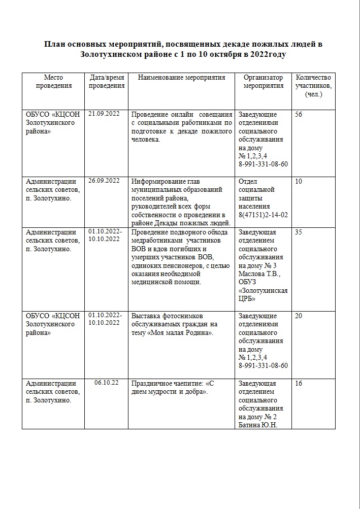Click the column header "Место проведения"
tap(53, 82)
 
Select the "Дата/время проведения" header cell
tap(107, 82)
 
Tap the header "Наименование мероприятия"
tap(181, 78)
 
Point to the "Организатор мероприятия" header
tap(263, 82)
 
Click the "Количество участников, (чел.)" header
tap(313, 86)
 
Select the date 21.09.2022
tap(104, 114)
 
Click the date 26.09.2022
tap(104, 181)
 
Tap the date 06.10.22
tap(106, 383)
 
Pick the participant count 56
tap(299, 114)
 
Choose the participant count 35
tap(299, 232)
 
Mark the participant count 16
tap(299, 383)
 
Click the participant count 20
tap(299, 316)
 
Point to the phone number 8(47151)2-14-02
tap(263, 215)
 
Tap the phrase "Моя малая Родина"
tap(180, 333)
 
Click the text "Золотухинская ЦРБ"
tap(263, 294)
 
